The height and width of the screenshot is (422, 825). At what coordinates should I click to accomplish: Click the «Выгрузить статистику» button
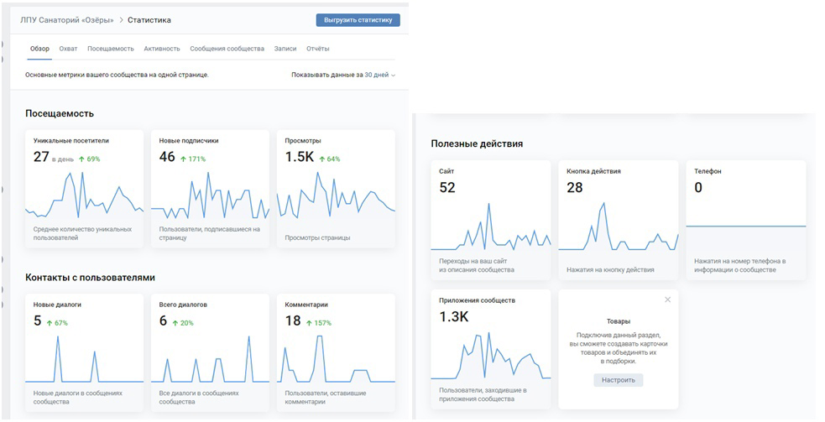click(358, 20)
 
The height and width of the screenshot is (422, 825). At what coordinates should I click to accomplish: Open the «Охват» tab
click(68, 49)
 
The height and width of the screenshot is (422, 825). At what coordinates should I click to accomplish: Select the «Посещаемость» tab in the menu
click(111, 49)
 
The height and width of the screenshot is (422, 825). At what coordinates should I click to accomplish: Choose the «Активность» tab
click(162, 49)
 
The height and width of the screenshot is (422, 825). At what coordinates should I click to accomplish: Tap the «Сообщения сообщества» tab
click(227, 49)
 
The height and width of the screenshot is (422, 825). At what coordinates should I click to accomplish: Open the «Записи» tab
click(285, 49)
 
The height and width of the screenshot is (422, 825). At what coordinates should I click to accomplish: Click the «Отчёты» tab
click(318, 49)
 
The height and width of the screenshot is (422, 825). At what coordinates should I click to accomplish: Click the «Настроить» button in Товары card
click(619, 380)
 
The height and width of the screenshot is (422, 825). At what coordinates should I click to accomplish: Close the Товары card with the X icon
click(668, 300)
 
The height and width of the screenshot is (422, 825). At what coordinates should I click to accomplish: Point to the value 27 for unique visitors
click(41, 157)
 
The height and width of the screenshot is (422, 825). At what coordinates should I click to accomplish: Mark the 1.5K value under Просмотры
click(300, 157)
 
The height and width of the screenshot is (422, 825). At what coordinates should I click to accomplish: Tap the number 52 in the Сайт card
click(447, 187)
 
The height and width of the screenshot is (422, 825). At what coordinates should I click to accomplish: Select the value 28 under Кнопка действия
click(575, 187)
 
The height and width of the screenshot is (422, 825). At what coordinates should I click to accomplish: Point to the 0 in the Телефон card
click(698, 187)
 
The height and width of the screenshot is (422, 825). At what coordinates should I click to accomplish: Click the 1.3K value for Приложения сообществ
click(453, 317)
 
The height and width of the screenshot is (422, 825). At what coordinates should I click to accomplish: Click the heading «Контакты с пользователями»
click(90, 278)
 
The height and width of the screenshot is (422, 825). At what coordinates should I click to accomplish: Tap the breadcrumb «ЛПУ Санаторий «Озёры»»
click(67, 20)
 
